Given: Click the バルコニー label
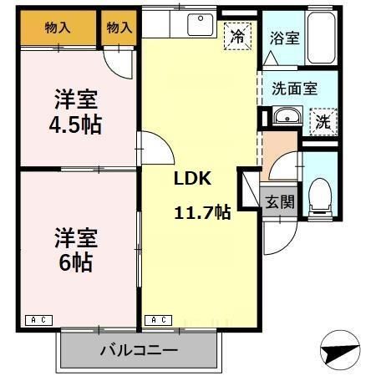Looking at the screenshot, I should (x=139, y=349).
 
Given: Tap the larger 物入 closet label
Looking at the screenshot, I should (x=58, y=28).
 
